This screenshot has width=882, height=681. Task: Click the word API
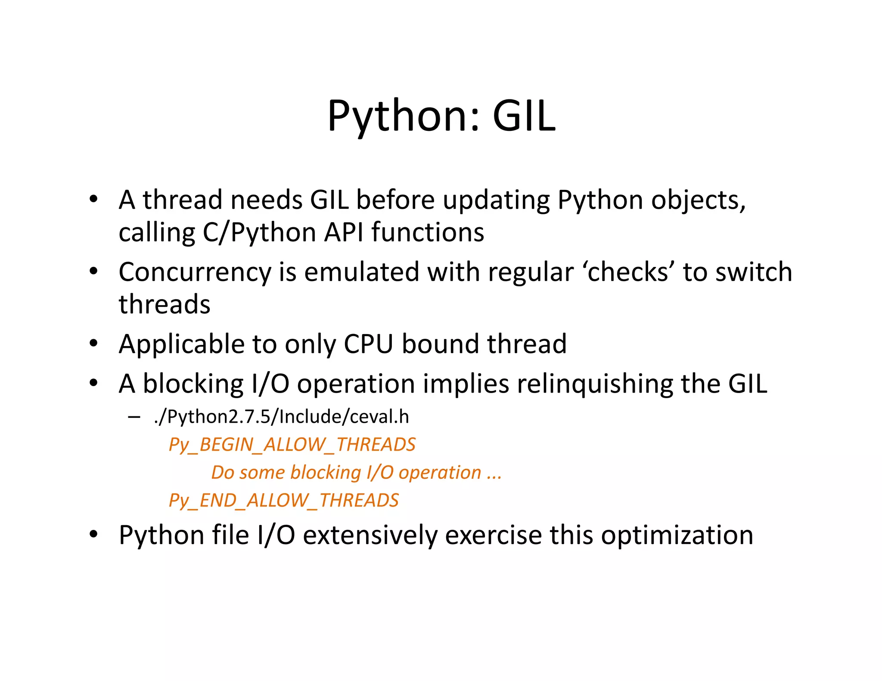click(x=344, y=232)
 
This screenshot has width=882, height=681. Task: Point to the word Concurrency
click(x=195, y=273)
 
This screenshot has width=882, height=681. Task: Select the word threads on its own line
click(x=165, y=304)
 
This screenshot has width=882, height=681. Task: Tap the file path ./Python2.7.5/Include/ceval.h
click(x=281, y=417)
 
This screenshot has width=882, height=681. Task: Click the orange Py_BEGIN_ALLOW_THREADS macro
click(x=292, y=445)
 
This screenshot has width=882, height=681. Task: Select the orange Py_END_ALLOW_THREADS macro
click(x=284, y=500)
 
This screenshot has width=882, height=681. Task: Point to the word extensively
click(x=370, y=536)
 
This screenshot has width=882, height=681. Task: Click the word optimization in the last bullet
click(x=677, y=536)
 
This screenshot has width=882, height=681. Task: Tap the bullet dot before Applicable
click(x=93, y=344)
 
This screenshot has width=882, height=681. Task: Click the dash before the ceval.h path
click(x=134, y=417)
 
